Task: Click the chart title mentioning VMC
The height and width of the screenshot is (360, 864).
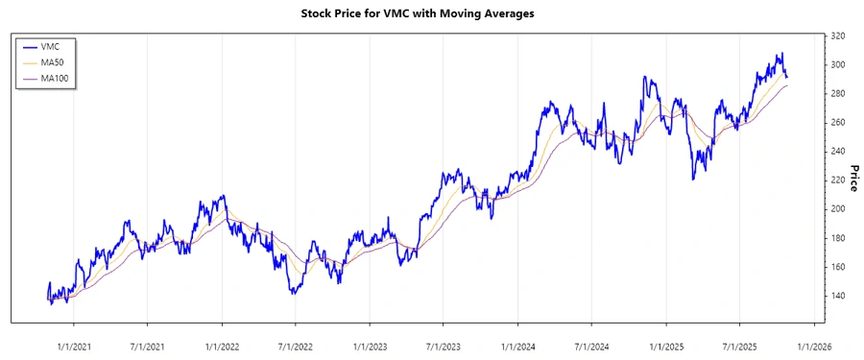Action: [432, 14]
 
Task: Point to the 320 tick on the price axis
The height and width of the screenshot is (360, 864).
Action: [838, 36]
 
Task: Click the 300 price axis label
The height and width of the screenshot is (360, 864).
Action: [838, 65]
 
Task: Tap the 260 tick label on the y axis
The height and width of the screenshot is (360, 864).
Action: [838, 123]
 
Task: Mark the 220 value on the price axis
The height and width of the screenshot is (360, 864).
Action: [838, 180]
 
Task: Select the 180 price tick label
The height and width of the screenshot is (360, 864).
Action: [838, 238]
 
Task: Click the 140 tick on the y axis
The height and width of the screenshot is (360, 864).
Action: [838, 296]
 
